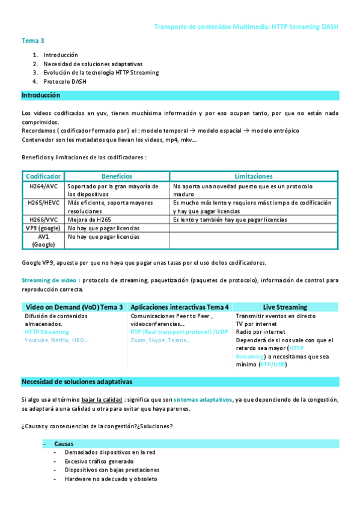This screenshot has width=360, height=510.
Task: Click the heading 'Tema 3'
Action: pos(33,41)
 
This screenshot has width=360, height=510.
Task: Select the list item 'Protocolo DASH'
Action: pos(65,81)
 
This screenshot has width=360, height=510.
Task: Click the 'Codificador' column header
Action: pos(43,176)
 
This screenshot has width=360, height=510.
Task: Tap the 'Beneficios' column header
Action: pos(117,176)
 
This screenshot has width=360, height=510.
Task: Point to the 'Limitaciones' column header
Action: pos(253,176)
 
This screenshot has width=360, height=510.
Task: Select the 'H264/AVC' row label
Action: pos(43,186)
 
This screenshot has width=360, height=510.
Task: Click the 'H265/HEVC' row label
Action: pos(43,203)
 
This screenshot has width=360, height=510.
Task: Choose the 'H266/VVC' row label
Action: pos(43,220)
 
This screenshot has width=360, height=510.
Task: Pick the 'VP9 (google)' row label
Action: pos(43,229)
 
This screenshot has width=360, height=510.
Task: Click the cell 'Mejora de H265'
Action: pos(89,220)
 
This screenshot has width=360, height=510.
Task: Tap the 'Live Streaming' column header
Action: pos(285,307)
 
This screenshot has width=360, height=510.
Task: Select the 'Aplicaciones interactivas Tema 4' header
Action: pos(179,307)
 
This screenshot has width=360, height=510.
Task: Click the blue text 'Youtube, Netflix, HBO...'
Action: pos(56,340)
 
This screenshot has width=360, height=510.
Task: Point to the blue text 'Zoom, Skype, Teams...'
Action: pos(160,340)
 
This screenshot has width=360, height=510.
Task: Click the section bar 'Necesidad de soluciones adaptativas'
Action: pos(77,382)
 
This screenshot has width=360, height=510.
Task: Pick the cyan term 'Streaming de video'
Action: pos(50,280)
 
